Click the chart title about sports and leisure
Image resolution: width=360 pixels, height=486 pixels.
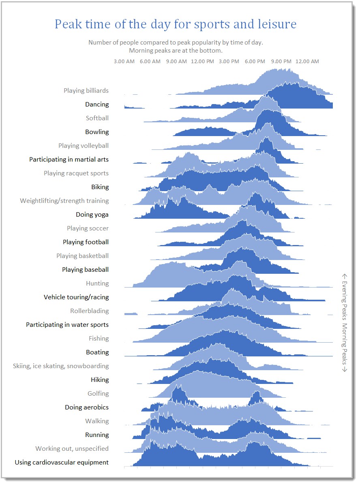pos(176,24)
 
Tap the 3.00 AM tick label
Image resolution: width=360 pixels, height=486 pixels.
pos(124,62)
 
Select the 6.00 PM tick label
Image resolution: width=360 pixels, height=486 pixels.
pos(255,62)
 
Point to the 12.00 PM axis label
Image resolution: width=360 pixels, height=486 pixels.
pos(202,62)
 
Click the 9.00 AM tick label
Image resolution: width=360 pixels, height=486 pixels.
pos(176,62)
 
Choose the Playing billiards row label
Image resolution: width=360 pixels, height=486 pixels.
pos(86,91)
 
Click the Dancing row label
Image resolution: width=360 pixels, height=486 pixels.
pos(97,104)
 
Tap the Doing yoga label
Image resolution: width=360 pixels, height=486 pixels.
pos(92,215)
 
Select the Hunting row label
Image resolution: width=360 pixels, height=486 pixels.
pos(97,283)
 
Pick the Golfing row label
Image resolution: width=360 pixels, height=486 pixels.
pos(98,394)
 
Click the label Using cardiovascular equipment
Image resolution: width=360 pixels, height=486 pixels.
pos(62,463)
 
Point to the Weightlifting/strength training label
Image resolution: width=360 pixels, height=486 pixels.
pos(64,201)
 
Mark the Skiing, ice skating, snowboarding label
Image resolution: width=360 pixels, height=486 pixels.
pos(61,366)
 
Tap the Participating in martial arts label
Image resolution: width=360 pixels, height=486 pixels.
pos(69,160)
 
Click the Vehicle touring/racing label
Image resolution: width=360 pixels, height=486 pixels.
pos(76,297)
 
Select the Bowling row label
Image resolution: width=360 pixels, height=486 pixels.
pos(97,132)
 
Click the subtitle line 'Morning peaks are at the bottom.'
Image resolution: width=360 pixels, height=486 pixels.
pos(176,51)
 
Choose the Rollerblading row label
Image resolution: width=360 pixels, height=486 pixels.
pos(90,311)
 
